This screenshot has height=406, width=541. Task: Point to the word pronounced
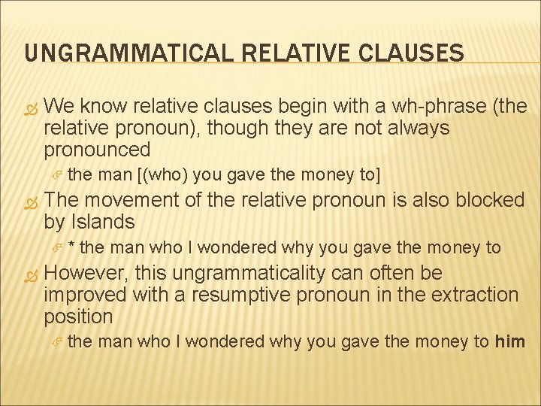point(97,150)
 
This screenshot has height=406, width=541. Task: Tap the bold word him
point(510,341)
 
